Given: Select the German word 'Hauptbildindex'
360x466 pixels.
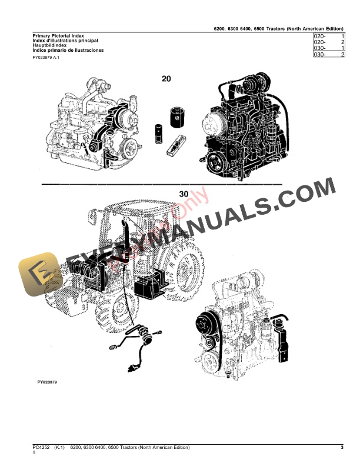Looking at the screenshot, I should click(49, 46).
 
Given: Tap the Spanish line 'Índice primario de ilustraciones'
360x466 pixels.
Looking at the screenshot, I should click(68, 51).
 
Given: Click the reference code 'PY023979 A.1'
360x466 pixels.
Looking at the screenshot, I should click(46, 58).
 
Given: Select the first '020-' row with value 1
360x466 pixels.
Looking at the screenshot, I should click(329, 36).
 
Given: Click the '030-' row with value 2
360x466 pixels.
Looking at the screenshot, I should click(329, 54).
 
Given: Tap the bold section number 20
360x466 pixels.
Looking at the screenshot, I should click(166, 78).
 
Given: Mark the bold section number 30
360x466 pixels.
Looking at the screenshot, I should click(184, 194).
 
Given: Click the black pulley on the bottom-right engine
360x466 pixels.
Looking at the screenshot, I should click(205, 324).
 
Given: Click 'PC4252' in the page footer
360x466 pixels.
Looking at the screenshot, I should click(42, 448).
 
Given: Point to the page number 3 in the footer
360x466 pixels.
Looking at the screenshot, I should click(342, 448).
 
